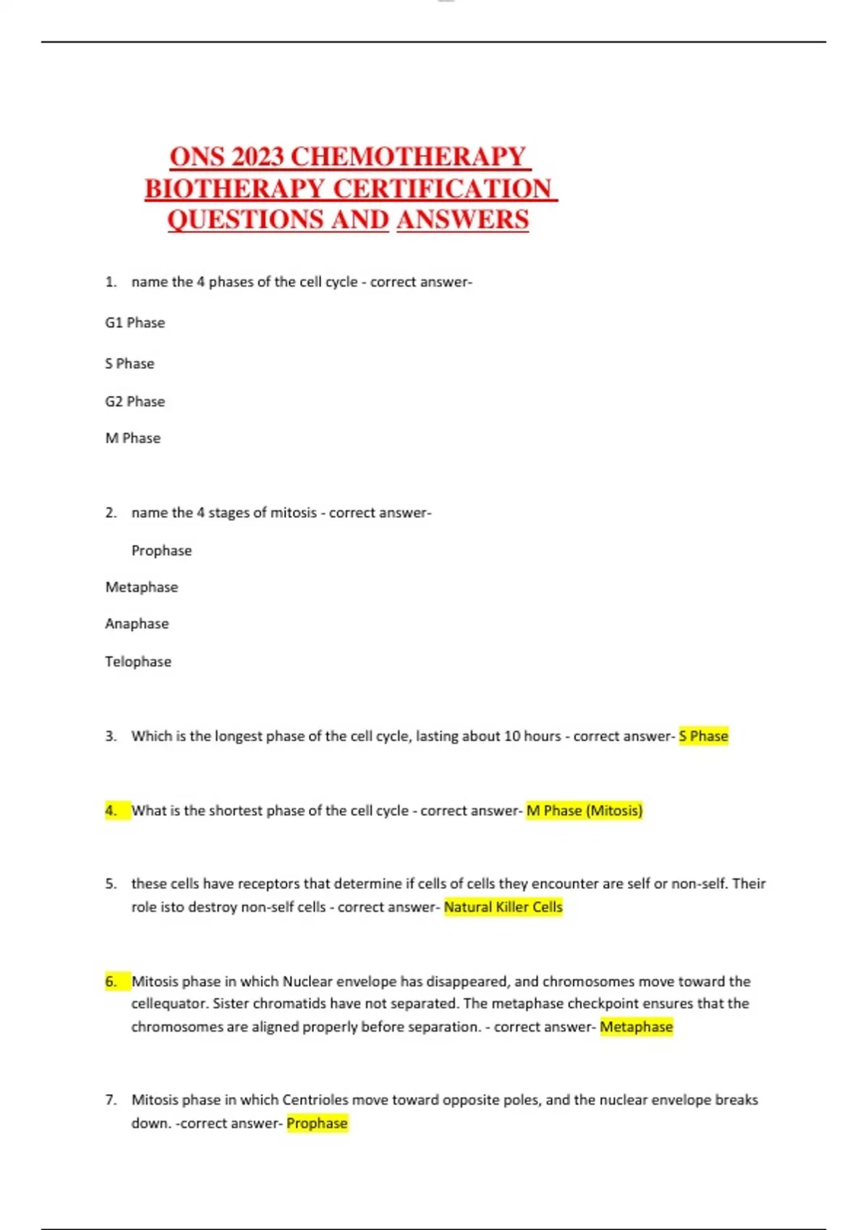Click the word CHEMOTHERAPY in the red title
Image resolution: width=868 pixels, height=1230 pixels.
click(408, 157)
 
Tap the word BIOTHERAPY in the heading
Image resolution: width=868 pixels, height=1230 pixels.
click(234, 189)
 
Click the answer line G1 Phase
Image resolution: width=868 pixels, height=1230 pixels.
click(135, 323)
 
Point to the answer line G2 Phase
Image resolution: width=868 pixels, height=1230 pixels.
click(135, 402)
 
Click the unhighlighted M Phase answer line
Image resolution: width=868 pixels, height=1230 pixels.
click(133, 438)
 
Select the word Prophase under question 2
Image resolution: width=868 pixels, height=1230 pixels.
click(161, 551)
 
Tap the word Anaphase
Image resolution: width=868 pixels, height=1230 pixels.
click(137, 624)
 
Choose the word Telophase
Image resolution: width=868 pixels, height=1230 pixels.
click(138, 661)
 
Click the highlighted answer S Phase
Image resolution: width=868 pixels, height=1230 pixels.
click(703, 737)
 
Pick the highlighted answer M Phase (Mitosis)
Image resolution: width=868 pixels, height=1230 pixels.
click(584, 811)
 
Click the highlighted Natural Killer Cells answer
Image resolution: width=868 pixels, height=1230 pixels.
click(503, 907)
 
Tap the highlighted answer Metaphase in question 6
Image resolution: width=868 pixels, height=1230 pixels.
click(637, 1027)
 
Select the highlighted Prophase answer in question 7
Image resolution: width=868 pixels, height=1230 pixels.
click(317, 1124)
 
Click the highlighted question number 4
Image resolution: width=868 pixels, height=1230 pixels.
click(111, 811)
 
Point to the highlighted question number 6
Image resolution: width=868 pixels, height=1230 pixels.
click(111, 982)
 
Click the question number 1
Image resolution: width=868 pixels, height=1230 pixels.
click(111, 282)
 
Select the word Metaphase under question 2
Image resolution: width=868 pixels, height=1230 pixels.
click(142, 588)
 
